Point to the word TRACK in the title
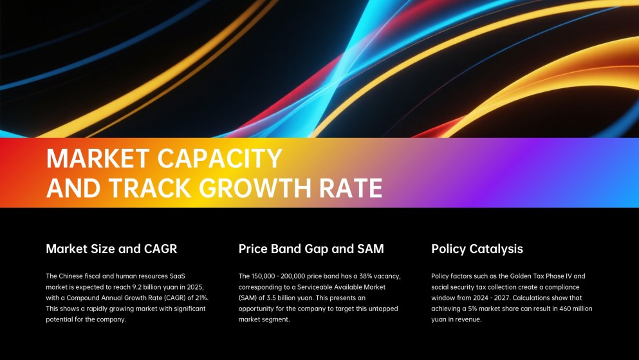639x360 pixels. click(151, 187)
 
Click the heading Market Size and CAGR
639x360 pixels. click(111, 249)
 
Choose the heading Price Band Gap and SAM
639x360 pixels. click(311, 249)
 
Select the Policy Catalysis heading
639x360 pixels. click(477, 249)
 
